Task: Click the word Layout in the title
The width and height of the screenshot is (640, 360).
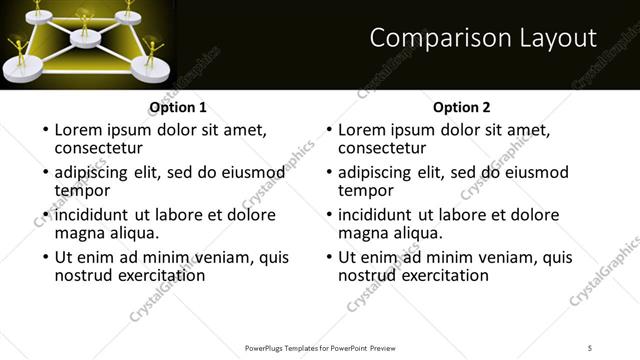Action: [x=551, y=38]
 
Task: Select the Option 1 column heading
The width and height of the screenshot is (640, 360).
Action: [x=178, y=108]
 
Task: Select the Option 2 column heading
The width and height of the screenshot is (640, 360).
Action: [x=461, y=108]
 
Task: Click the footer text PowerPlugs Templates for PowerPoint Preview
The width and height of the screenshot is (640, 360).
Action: [x=319, y=347]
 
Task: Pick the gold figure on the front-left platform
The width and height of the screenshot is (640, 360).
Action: [x=19, y=52]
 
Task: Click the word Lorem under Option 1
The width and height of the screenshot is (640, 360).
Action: [x=79, y=130]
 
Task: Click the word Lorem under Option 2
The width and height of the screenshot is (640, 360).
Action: [x=362, y=130]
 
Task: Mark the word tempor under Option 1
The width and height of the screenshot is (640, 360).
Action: [x=82, y=191]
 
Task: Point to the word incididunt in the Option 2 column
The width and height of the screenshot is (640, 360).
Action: [x=379, y=215]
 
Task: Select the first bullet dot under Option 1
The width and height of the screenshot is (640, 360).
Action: [x=44, y=131]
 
